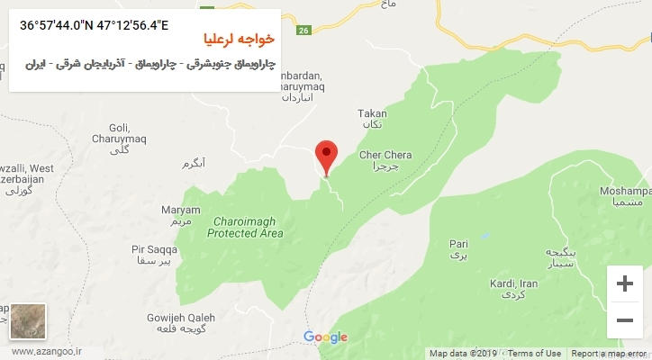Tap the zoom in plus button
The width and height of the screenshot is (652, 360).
(624, 283)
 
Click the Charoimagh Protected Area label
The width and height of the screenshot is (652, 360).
(245, 228)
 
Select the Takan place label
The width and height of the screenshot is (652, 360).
(372, 114)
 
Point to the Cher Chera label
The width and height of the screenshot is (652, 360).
(385, 156)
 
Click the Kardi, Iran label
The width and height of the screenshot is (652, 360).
(513, 284)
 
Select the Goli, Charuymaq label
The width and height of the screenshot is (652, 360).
(118, 133)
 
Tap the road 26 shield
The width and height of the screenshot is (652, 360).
(303, 31)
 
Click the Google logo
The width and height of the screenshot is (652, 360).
(325, 337)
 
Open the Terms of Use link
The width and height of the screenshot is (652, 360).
(534, 354)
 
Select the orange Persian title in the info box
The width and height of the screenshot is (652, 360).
(239, 42)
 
